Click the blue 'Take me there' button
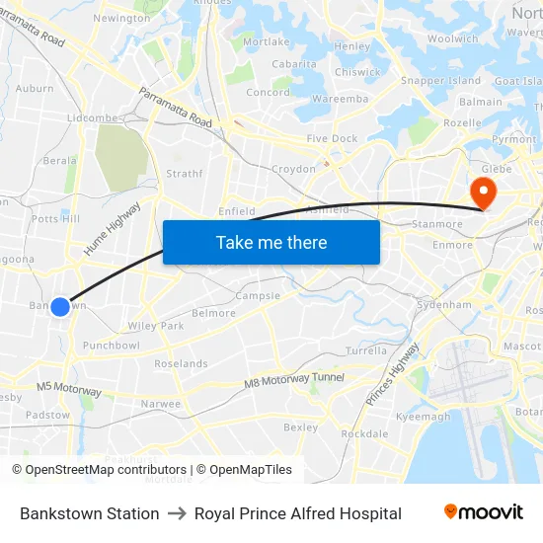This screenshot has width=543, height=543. click(271, 243)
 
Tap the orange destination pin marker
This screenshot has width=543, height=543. click(484, 190)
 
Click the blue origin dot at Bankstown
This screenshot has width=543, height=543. click(60, 307)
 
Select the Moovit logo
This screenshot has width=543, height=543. click(483, 512)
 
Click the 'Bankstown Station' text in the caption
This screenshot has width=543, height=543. click(89, 513)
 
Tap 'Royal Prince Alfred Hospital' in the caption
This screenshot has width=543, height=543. click(297, 513)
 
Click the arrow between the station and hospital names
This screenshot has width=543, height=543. click(177, 513)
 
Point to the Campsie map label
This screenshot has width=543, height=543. click(258, 296)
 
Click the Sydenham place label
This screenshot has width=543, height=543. click(444, 305)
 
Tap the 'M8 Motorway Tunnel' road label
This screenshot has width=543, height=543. click(294, 379)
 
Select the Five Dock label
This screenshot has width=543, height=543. click(332, 139)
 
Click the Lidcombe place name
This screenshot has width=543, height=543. click(92, 117)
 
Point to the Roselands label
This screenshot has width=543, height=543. click(181, 363)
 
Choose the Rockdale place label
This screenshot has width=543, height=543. click(364, 433)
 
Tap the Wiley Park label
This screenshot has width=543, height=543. click(156, 326)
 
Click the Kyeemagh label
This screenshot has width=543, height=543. click(423, 417)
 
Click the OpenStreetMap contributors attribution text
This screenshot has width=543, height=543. click(99, 470)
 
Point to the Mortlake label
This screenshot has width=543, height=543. click(266, 42)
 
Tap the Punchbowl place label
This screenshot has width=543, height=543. click(111, 346)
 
